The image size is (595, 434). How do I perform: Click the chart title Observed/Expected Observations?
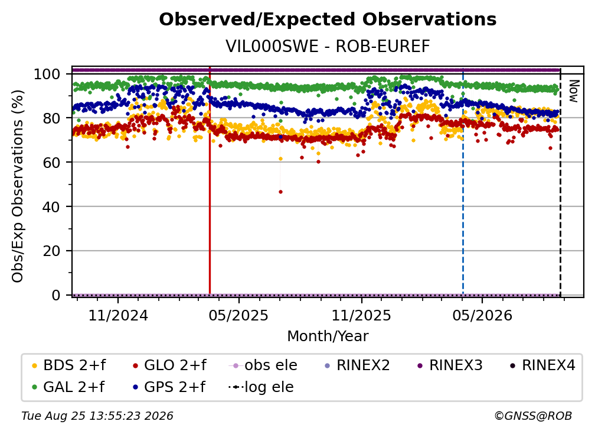pyautogui.click(x=328, y=20)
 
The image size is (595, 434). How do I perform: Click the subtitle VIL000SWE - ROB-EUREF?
pyautogui.click(x=328, y=47)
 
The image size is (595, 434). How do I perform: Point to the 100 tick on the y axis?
pyautogui.click(x=47, y=74)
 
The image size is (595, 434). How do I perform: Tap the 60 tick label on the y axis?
pyautogui.click(x=51, y=163)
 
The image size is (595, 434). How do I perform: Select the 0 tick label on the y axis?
pyautogui.click(x=56, y=295)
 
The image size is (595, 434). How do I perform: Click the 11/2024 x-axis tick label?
pyautogui.click(x=118, y=315)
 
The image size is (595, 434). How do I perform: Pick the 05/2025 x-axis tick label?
pyautogui.click(x=238, y=315)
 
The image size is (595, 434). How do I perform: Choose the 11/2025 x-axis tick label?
pyautogui.click(x=361, y=315)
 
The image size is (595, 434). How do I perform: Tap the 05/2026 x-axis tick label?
pyautogui.click(x=482, y=315)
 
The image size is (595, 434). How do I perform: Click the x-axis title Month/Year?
pyautogui.click(x=328, y=336)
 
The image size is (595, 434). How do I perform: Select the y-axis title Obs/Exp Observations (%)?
pyautogui.click(x=18, y=186)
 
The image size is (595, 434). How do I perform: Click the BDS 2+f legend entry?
pyautogui.click(x=68, y=365)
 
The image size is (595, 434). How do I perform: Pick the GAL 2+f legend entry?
pyautogui.click(x=68, y=387)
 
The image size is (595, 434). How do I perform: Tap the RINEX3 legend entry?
pyautogui.click(x=450, y=365)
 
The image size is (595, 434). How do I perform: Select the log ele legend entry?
pyautogui.click(x=261, y=387)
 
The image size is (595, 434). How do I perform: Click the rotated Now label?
pyautogui.click(x=573, y=91)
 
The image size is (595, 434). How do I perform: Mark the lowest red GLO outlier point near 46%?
pyautogui.click(x=280, y=192)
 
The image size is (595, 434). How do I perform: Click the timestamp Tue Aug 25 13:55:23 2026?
pyautogui.click(x=97, y=416)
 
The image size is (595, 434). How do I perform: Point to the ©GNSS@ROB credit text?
pyautogui.click(x=533, y=416)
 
